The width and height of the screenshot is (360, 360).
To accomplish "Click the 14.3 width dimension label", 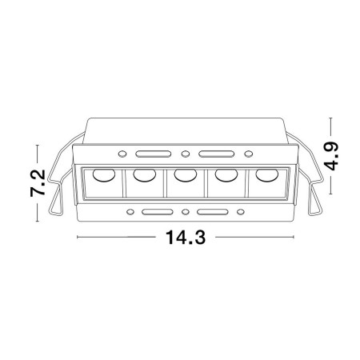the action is pos(186,237).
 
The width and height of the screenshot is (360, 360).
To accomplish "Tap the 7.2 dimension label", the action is pos(38,183).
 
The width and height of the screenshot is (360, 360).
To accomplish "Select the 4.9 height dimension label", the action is pos(332,156).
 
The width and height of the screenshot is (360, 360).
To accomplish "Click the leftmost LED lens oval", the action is pos(104,175).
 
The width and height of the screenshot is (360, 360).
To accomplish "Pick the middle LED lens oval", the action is pos(186,175).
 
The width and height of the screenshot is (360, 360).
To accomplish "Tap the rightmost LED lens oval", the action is pos(266,175).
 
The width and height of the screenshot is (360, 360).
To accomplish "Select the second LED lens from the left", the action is pos(145,175).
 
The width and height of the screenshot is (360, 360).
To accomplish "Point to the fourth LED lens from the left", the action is pos(226,175).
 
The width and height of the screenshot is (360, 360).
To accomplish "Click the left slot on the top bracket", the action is pos(154,154).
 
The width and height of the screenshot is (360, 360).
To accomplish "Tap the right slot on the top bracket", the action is pos(216,154).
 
